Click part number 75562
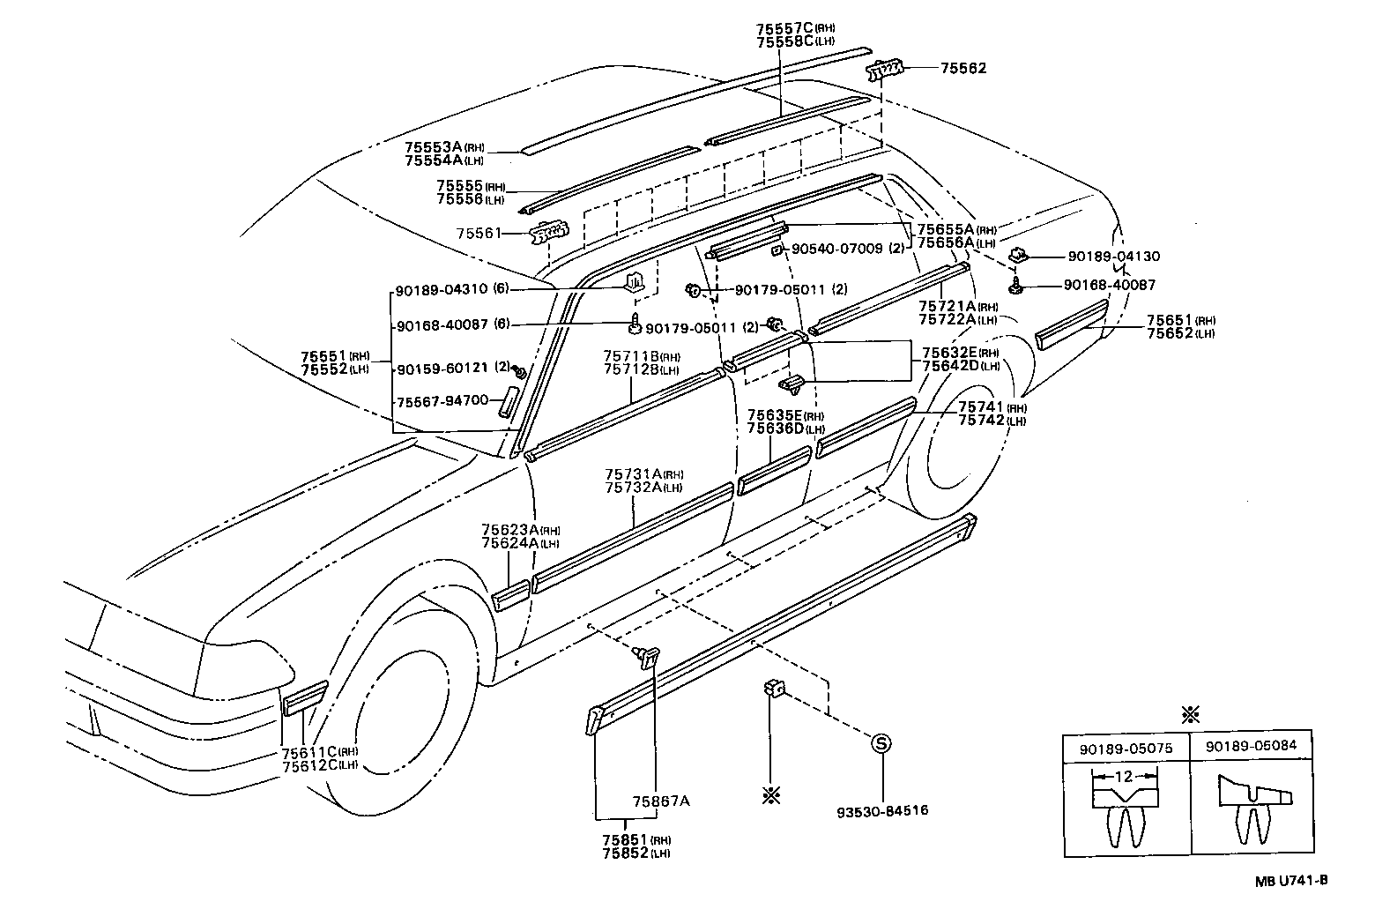[963, 68]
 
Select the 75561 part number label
[479, 234]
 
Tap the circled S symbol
[881, 743]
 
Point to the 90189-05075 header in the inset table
[1126, 747]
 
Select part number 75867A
[661, 801]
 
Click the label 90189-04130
[1113, 257]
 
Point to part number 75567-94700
[442, 400]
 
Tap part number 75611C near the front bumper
[310, 751]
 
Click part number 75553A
[434, 147]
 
